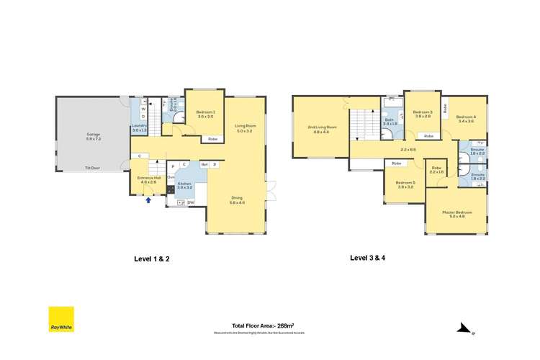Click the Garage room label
93,135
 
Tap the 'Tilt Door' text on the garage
92,168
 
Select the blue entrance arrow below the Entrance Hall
148,201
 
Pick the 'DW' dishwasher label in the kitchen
191,203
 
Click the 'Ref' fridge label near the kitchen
204,165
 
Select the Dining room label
237,200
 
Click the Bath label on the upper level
390,122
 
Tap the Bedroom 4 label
466,119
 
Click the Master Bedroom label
457,214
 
